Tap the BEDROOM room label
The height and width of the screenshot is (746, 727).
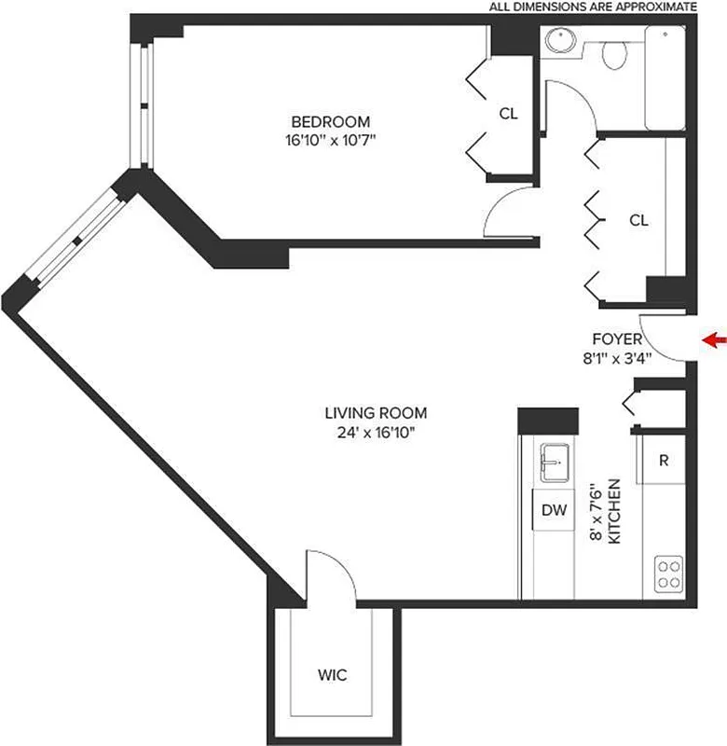pos(331,121)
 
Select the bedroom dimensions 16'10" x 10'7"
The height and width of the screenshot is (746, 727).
pos(331,141)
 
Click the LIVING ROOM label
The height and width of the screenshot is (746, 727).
pos(376,412)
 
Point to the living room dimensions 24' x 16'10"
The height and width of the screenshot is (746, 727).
pos(376,431)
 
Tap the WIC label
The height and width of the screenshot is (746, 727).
pos(333,675)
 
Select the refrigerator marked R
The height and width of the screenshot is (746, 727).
pos(663,461)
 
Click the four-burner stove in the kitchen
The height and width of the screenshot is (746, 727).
pos(668,572)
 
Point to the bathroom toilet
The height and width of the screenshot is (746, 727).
pos(614,55)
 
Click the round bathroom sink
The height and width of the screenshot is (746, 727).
pos(559,42)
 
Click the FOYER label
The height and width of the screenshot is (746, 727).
pos(617,338)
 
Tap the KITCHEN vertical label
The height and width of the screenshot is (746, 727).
pos(614,512)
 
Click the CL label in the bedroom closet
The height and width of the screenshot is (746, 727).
pos(508,114)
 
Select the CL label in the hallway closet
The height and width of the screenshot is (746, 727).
pos(638,220)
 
